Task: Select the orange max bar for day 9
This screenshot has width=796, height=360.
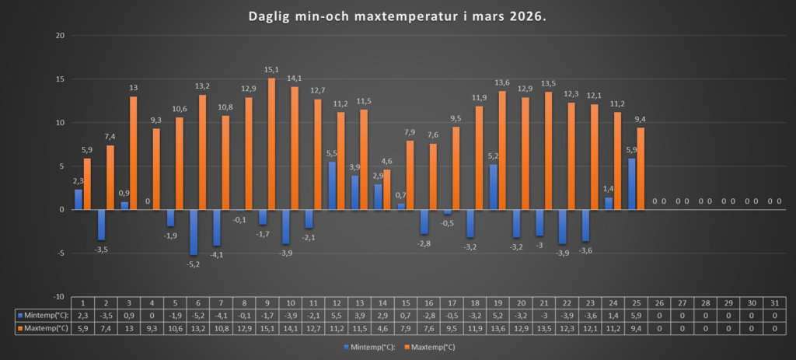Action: (x=272, y=144)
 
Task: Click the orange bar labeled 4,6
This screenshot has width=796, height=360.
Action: (x=387, y=190)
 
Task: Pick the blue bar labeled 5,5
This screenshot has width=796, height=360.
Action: (x=332, y=186)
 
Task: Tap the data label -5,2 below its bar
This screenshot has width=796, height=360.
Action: (x=194, y=262)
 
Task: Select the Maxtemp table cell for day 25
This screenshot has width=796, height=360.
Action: (x=637, y=328)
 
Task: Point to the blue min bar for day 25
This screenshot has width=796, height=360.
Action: (x=632, y=184)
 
